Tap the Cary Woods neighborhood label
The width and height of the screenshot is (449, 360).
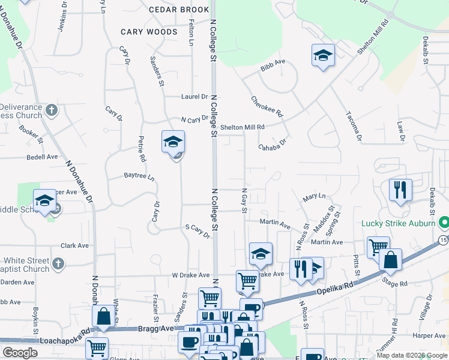pyautogui.click(x=149, y=32)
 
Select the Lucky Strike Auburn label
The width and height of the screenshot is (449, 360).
pyautogui.click(x=399, y=224)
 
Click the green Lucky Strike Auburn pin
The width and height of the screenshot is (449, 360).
pyautogui.click(x=444, y=223)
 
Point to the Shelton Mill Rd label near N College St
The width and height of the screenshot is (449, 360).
pyautogui.click(x=242, y=127)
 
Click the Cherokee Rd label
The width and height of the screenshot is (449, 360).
pyautogui.click(x=267, y=107)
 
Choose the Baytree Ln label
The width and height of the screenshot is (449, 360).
pyautogui.click(x=139, y=178)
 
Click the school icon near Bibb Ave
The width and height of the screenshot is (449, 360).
pyautogui.click(x=323, y=56)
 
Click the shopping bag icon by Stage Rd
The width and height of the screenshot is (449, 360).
pyautogui.click(x=390, y=260)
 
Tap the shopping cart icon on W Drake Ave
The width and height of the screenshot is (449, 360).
pyautogui.click(x=247, y=280)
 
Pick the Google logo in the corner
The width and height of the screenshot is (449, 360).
pyautogui.click(x=20, y=353)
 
